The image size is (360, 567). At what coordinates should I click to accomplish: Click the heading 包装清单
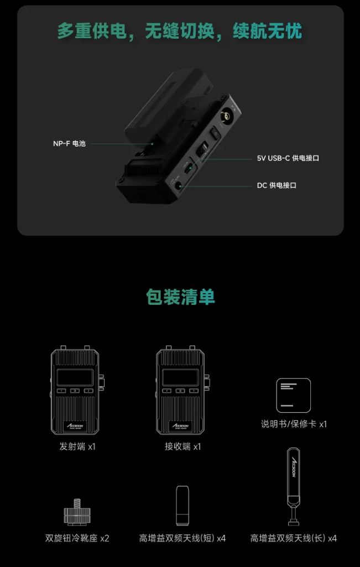(x=180, y=297)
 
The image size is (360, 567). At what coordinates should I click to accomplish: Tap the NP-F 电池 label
(x=69, y=144)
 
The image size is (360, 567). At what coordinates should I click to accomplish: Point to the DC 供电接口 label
(x=276, y=185)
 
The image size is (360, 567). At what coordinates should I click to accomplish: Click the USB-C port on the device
(x=188, y=168)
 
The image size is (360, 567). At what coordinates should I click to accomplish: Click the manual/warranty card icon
(x=294, y=395)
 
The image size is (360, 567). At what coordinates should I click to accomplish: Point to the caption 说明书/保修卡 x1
(x=294, y=424)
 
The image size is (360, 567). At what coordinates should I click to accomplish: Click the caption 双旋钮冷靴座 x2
(x=77, y=538)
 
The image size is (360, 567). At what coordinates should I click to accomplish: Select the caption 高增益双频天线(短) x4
(x=182, y=538)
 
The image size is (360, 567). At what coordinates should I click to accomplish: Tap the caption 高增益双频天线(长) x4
(x=294, y=538)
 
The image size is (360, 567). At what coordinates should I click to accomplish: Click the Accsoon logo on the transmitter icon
(x=76, y=425)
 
